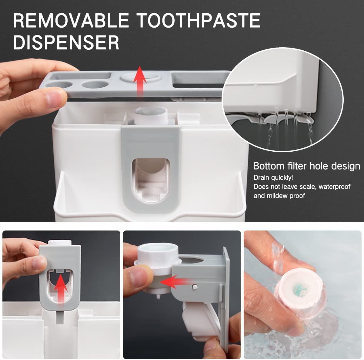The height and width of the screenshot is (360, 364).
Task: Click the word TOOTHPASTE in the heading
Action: (x=198, y=21)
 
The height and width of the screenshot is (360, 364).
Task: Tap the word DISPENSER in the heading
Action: (x=66, y=42)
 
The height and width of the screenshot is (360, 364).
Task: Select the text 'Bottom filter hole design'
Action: (x=306, y=166)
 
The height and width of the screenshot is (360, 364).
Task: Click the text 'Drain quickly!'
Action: (x=273, y=177)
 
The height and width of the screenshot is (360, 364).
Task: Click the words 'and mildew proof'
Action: (x=279, y=196)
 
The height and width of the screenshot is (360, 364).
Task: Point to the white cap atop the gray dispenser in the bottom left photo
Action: (x=60, y=243)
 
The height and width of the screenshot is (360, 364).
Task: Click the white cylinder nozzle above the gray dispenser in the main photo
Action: (x=150, y=115)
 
